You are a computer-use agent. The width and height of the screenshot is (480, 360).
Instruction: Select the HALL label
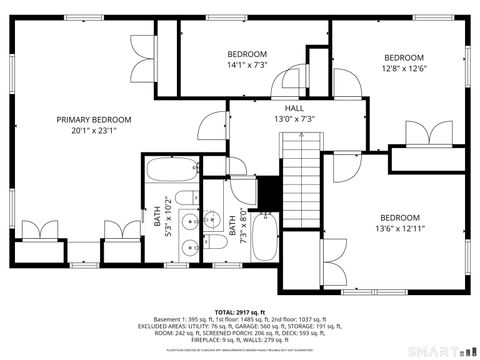[294, 108]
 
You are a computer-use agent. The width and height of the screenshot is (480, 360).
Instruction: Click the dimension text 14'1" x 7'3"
[246, 65]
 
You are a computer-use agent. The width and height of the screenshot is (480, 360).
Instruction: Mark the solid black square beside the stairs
[267, 188]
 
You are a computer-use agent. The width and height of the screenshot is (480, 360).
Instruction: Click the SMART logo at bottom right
[440, 351]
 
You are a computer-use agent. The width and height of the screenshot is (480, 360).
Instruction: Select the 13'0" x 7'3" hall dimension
[294, 119]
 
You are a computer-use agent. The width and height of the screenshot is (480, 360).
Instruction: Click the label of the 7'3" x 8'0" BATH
[231, 225]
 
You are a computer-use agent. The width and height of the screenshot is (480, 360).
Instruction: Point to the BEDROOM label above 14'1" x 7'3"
[246, 54]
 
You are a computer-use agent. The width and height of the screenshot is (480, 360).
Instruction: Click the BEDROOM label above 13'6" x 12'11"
[399, 217]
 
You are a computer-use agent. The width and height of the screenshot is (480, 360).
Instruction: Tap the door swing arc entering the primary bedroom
[208, 127]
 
